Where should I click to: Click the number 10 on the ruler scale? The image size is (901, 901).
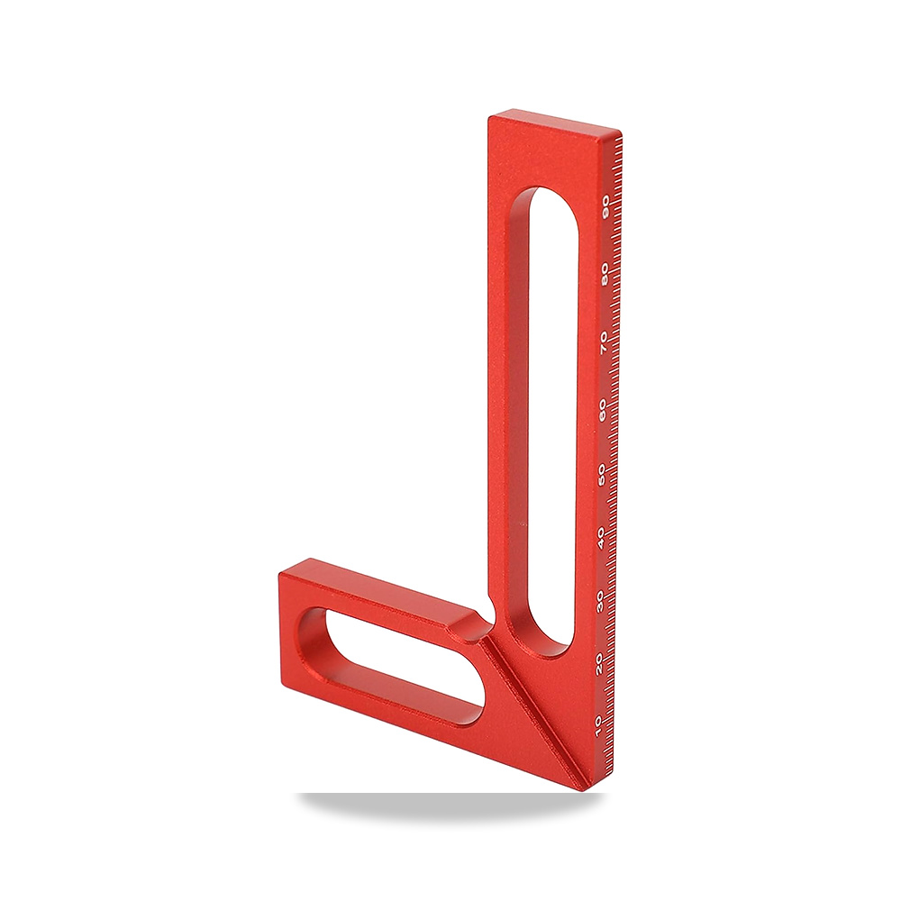tap(599, 725)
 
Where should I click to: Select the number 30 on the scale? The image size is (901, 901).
tap(601, 602)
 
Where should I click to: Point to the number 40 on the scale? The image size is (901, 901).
tap(602, 539)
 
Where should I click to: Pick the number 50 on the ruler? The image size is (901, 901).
tap(602, 476)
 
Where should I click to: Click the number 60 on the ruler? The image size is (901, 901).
tap(603, 411)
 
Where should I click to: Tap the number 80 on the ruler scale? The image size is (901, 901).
tap(605, 275)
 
